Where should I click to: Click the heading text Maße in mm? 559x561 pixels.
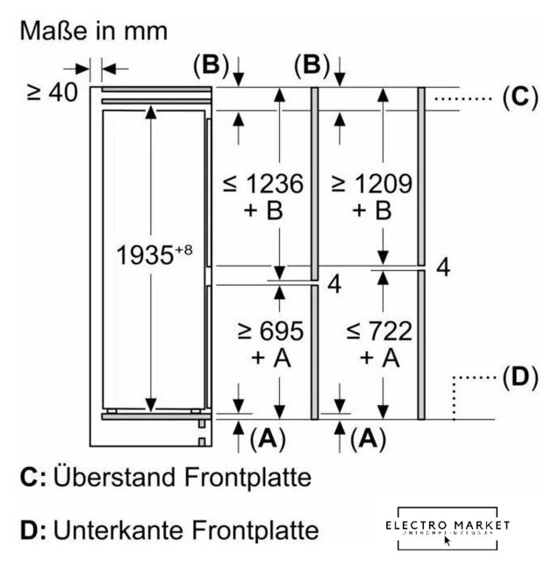point(94,32)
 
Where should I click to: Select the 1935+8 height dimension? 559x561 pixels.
point(154,255)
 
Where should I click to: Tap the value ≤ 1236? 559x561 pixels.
point(263,184)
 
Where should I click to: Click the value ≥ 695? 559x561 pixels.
point(271,330)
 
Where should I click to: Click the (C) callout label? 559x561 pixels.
point(520,97)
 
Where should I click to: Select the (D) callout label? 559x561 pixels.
point(520,379)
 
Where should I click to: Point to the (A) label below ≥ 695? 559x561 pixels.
point(268,437)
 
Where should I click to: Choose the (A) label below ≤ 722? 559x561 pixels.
point(369,437)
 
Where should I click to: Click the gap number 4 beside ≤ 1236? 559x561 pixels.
point(333,285)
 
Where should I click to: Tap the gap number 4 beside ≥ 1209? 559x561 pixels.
point(443,268)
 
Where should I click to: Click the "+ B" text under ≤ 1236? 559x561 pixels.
point(262,211)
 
